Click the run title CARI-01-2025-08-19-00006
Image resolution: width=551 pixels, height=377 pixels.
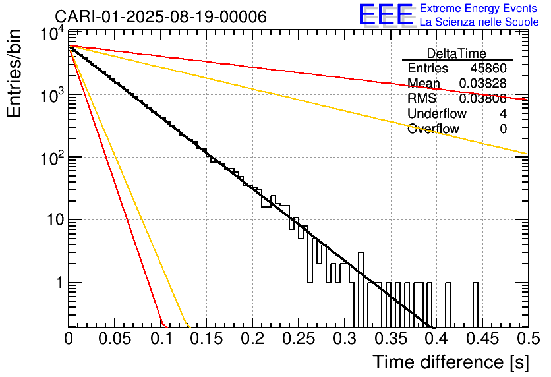[x=161, y=16]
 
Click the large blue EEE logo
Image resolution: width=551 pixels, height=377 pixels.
[x=386, y=14]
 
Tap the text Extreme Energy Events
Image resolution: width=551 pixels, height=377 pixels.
[x=478, y=8]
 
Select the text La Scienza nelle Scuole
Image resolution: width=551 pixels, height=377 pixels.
[x=479, y=22]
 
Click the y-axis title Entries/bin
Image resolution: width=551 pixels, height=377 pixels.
[x=14, y=73]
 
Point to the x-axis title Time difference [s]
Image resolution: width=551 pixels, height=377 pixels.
[x=451, y=362]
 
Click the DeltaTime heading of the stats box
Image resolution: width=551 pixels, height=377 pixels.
[x=457, y=53]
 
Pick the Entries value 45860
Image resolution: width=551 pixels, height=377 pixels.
[x=488, y=68]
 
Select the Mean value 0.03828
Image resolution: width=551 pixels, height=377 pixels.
[x=483, y=83]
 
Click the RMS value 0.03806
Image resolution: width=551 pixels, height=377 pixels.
[x=483, y=99]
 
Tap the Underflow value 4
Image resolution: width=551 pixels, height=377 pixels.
[x=503, y=113]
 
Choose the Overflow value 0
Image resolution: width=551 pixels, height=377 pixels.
[x=503, y=129]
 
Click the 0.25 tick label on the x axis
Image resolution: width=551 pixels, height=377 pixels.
[x=299, y=339]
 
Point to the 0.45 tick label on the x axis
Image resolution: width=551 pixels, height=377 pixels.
[x=483, y=339]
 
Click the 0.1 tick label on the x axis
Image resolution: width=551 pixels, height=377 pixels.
[x=161, y=339]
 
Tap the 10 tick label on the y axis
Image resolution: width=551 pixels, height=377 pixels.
[x=55, y=220]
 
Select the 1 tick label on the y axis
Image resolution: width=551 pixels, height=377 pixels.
[x=60, y=283]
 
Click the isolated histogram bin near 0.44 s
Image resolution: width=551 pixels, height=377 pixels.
[x=475, y=304]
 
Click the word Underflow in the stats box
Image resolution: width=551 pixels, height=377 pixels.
[x=437, y=113]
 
